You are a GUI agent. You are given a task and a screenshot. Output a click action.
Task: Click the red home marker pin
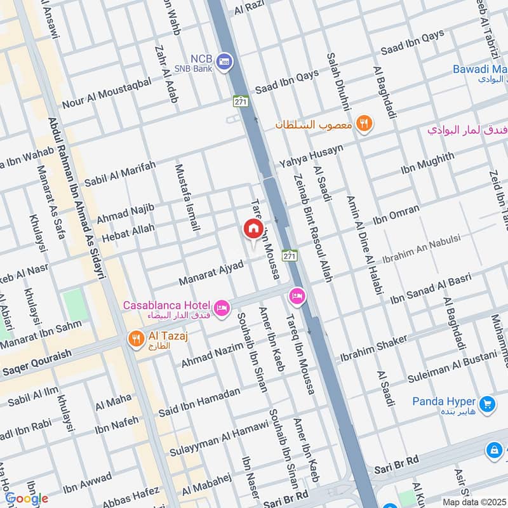click(x=253, y=229)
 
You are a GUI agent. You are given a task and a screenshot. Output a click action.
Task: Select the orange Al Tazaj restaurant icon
click(x=136, y=339)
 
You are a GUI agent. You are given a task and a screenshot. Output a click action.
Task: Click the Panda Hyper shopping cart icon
click(x=487, y=403)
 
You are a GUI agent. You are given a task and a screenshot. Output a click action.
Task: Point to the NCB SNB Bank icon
click(x=224, y=62)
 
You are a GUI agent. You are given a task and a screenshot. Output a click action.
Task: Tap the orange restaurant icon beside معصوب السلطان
click(x=363, y=124)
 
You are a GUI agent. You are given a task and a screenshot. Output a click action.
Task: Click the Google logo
click(x=26, y=498)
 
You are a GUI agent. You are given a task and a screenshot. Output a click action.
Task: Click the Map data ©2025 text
click(x=474, y=502)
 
